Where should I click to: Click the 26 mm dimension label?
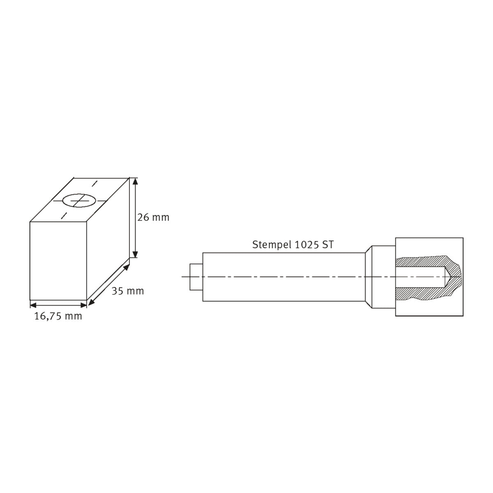(153, 217)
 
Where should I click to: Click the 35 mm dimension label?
(128, 291)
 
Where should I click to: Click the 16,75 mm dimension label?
(58, 316)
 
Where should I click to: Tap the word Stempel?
(272, 245)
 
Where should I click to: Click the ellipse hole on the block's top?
(80, 200)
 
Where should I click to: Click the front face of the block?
(58, 261)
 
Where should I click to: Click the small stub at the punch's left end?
(196, 277)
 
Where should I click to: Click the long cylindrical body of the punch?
(283, 277)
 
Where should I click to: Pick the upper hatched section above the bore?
(423, 261)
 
